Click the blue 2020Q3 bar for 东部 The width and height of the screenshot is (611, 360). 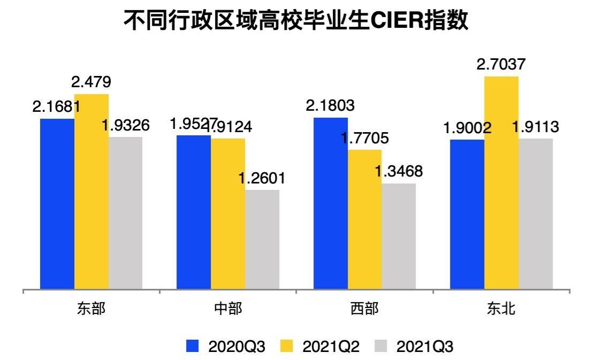pyautogui.click(x=57, y=203)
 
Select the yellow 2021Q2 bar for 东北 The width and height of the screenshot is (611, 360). pyautogui.click(x=501, y=182)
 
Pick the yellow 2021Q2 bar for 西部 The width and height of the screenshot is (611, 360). pyautogui.click(x=364, y=219)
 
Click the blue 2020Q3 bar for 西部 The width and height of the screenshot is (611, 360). pyautogui.click(x=331, y=203)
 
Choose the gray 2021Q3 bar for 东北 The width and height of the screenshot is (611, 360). pyautogui.click(x=536, y=214)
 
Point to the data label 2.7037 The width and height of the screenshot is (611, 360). pyautogui.click(x=501, y=65)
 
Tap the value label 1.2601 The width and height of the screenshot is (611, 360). pyautogui.click(x=262, y=178)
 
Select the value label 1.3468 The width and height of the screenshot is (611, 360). pyautogui.click(x=399, y=172)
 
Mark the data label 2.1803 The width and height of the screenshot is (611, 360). pyautogui.click(x=330, y=105)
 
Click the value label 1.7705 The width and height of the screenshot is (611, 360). pyautogui.click(x=364, y=139)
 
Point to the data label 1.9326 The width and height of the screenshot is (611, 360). pyautogui.click(x=126, y=126)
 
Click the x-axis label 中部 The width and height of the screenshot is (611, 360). pyautogui.click(x=228, y=309)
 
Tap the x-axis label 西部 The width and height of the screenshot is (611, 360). pyautogui.click(x=364, y=309)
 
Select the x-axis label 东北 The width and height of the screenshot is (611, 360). pyautogui.click(x=501, y=309)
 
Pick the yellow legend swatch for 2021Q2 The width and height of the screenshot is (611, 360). pyautogui.click(x=287, y=346)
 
